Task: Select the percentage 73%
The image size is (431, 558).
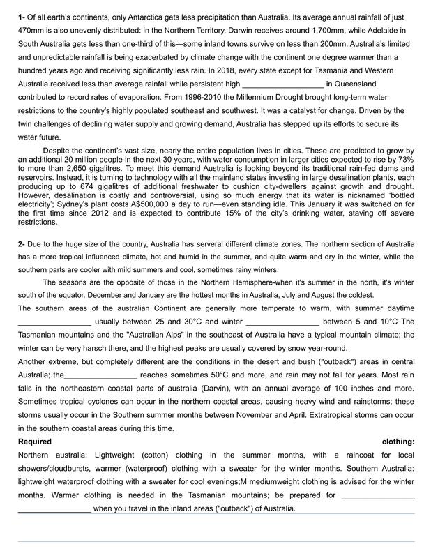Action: [405, 160]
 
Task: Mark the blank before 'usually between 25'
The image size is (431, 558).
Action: [54, 322]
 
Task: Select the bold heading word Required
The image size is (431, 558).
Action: [35, 442]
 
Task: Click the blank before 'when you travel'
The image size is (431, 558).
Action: [54, 508]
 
